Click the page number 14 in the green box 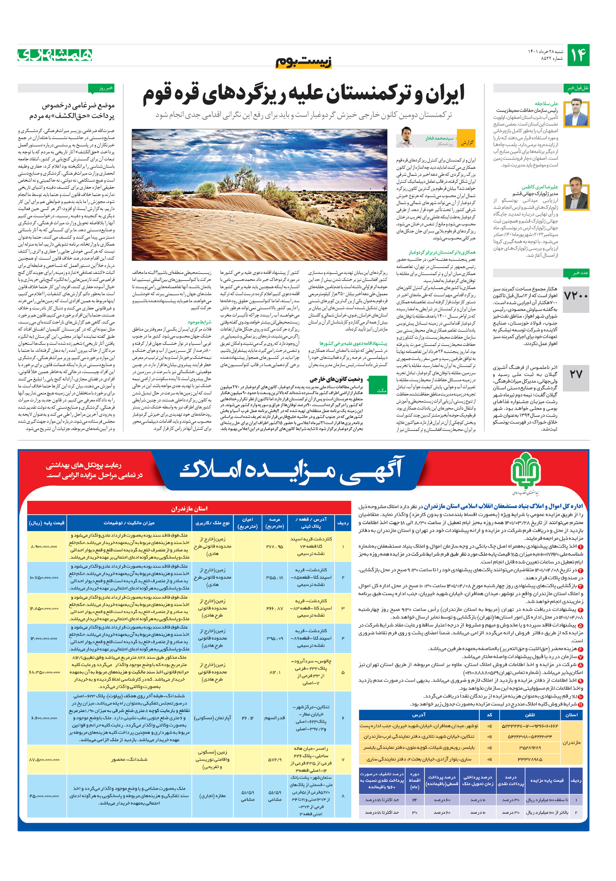(578, 55)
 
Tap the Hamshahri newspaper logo (55, 55)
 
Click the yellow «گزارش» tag (466, 143)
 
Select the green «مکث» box (378, 385)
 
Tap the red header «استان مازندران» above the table (189, 508)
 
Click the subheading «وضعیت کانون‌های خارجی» (336, 379)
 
